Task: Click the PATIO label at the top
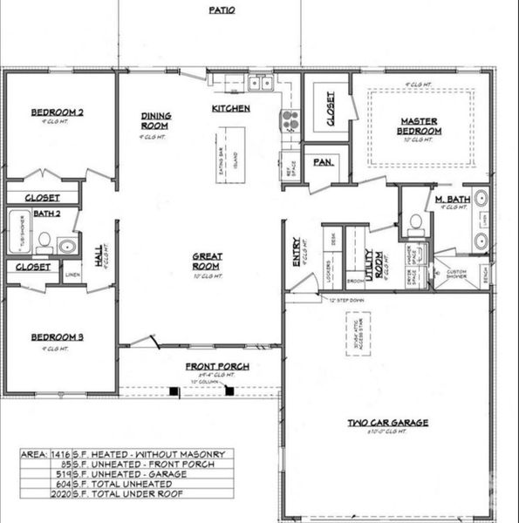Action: (220, 10)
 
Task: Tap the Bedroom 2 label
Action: (57, 112)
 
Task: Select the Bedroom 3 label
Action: (57, 336)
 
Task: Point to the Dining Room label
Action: (157, 120)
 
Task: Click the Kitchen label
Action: (231, 108)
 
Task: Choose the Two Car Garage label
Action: (388, 423)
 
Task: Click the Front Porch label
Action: (217, 366)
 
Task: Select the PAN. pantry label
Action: (322, 162)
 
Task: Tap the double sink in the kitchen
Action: (258, 84)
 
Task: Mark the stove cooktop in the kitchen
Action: (290, 119)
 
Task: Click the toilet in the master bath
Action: (416, 224)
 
